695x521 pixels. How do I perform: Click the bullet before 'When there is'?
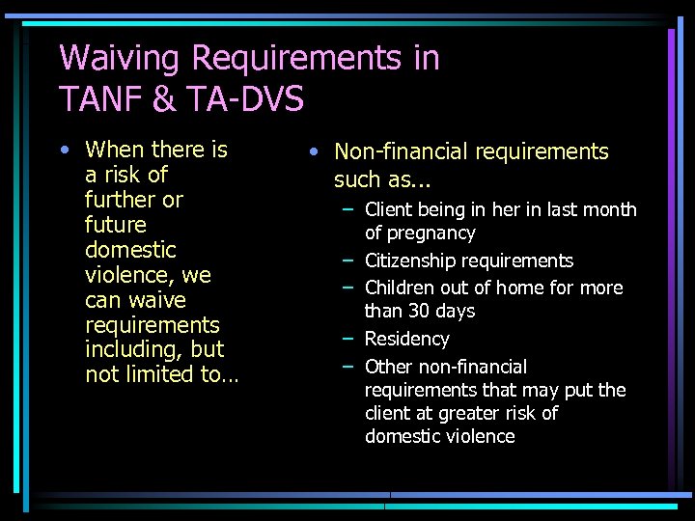[64, 151]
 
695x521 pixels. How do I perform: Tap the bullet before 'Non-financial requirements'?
[313, 152]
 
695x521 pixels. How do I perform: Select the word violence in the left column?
[123, 275]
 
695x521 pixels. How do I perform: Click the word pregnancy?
[420, 233]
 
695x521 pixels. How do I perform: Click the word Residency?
[406, 339]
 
